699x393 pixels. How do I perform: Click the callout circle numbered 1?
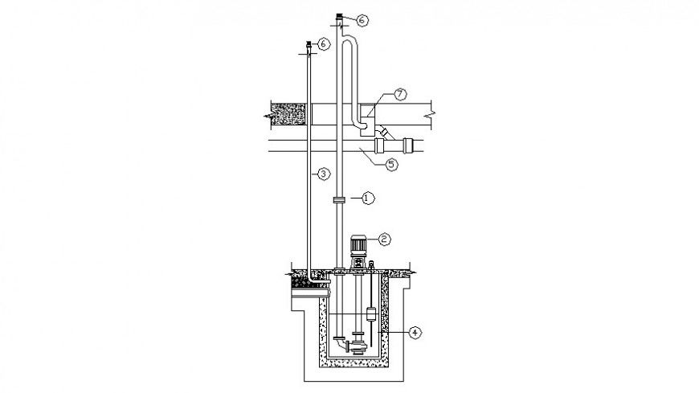[x=367, y=197]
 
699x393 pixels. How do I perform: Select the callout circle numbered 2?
[x=385, y=239]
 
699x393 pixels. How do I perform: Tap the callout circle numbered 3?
[x=322, y=174]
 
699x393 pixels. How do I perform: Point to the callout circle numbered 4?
[x=414, y=330]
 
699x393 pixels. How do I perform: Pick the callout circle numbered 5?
[x=391, y=165]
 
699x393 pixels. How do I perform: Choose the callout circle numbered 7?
[x=400, y=95]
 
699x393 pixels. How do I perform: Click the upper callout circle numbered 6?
[x=362, y=21]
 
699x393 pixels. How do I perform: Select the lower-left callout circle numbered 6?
[x=324, y=44]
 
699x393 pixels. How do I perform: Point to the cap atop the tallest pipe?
[x=340, y=16]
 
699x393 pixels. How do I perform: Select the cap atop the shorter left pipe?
[x=309, y=44]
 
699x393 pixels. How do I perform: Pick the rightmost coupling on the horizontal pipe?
[x=410, y=146]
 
